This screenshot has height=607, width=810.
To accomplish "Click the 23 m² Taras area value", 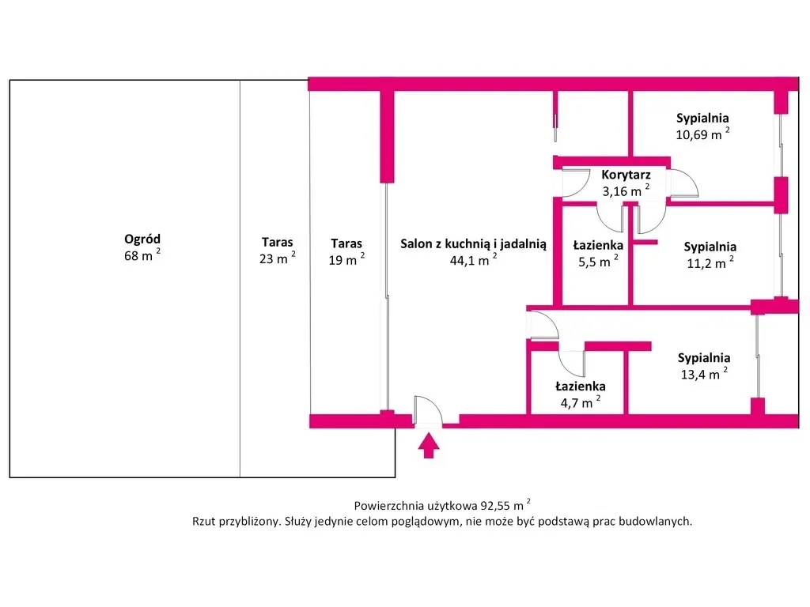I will coord(278,258).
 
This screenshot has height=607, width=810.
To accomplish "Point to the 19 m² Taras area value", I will coord(346,259).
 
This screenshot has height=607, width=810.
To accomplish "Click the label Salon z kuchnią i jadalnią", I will coord(473,244).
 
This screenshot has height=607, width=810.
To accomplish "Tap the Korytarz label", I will coord(626,175).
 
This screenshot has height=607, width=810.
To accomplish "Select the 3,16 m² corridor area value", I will coord(625,191).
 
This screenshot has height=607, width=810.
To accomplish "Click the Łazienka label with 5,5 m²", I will coord(599,246).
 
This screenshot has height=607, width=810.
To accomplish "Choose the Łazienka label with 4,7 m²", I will coord(581,386).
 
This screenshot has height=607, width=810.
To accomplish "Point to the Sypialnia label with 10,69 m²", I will coord(702,119).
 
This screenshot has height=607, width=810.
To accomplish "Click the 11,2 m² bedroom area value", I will coord(709,263).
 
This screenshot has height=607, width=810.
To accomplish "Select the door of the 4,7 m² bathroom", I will coord(571,363).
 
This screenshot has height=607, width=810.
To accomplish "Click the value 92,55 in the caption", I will coord(495,505).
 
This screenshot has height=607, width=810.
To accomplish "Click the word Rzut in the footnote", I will coord(204,522).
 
